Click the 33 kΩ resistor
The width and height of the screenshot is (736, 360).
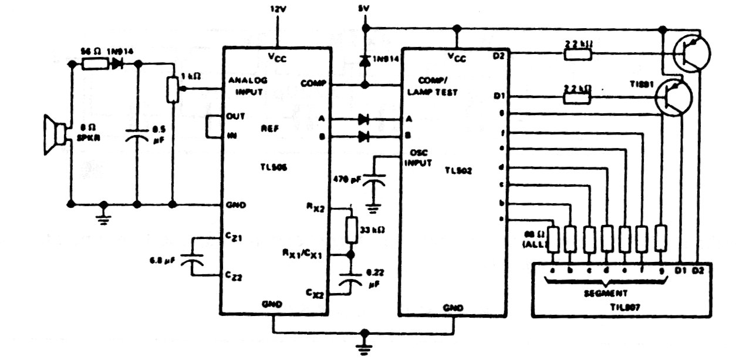(x=352, y=230)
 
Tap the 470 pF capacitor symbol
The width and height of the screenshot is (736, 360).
(x=373, y=183)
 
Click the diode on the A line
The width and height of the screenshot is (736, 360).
(x=363, y=119)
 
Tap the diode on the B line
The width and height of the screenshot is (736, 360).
(x=363, y=137)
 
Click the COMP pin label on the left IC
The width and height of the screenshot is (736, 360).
(x=311, y=83)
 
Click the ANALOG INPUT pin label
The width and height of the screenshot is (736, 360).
(x=243, y=86)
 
